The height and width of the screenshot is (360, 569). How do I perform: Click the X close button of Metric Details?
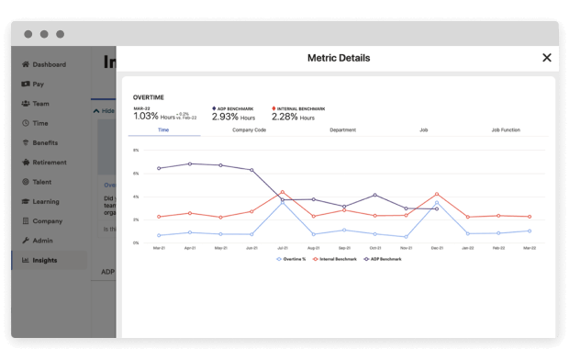coord(547,58)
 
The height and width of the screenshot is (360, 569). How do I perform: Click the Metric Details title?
coord(339,58)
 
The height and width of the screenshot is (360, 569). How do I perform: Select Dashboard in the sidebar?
coord(49,64)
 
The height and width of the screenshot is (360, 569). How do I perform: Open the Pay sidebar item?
coord(38,84)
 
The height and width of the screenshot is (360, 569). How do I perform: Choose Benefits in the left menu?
coord(45,142)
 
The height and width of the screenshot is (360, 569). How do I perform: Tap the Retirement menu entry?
coord(49,163)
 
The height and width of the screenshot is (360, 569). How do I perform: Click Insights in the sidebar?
coord(44,260)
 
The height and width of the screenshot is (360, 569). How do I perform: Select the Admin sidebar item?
coord(42,240)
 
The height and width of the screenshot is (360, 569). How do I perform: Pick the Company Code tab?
coord(249,130)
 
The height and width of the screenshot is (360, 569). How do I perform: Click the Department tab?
coord(342,130)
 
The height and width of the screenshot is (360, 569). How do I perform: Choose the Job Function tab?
coord(506,130)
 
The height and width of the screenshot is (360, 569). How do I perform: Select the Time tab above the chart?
coord(163,130)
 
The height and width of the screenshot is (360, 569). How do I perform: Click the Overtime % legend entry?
coord(293,259)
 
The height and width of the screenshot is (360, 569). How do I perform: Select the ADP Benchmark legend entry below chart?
coord(383,259)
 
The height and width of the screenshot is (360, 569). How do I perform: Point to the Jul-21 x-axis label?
coord(282,248)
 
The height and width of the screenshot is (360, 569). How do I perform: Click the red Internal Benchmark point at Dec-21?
coord(436,195)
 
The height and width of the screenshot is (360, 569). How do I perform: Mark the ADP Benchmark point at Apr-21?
coord(190,163)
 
